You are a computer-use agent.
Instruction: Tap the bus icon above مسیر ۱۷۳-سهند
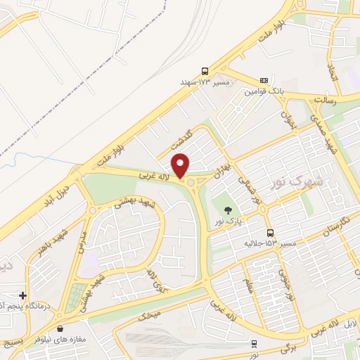pos(204,71)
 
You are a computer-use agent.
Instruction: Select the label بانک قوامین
pos(264,91)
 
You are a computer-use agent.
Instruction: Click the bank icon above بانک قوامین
pos(264,80)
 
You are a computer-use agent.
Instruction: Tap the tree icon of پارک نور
pos(227,210)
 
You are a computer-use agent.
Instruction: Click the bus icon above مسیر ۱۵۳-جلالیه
pos(270,233)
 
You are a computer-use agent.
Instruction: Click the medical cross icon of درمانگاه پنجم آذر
pos(23,296)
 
